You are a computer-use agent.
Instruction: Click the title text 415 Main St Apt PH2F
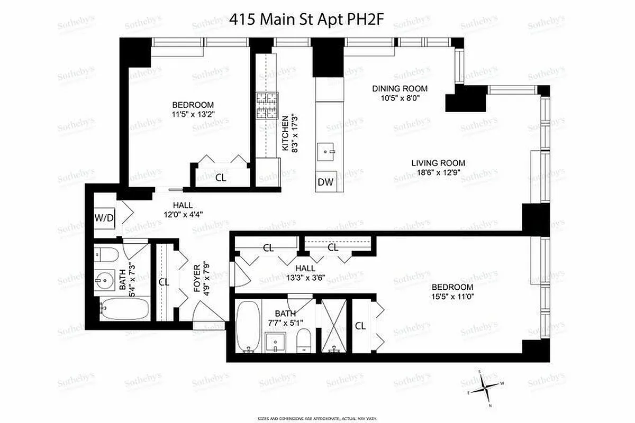(306, 20)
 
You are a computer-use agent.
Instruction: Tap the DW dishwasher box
(325, 182)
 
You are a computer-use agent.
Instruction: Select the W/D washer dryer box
(104, 217)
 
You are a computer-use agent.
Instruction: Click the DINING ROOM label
(400, 89)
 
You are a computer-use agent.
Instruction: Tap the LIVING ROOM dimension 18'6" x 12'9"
(438, 172)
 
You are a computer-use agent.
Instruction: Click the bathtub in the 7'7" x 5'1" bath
(247, 326)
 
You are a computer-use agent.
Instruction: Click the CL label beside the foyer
(164, 282)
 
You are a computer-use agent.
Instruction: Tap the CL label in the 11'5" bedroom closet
(221, 178)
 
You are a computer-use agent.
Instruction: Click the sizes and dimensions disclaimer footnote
(317, 418)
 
